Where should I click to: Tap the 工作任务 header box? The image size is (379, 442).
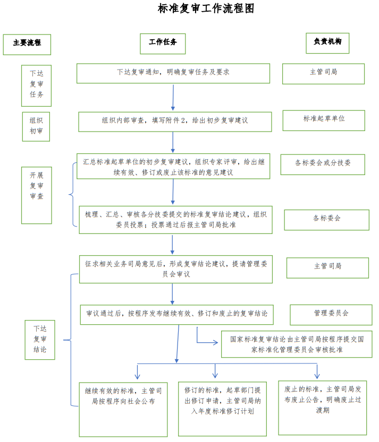[x=163, y=44]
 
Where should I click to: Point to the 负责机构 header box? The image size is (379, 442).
[x=327, y=43]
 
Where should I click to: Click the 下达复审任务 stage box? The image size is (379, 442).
[x=37, y=85]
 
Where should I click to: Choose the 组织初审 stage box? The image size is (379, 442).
[x=36, y=126]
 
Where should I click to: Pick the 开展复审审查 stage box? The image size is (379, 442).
[x=37, y=195]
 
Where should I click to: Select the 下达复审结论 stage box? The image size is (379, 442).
[x=40, y=340]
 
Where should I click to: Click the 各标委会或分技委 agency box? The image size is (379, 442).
[x=323, y=164]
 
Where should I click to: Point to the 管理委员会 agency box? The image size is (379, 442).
[x=331, y=315]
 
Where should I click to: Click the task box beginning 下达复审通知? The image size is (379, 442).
[x=173, y=73]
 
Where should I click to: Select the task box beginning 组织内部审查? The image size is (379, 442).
[x=175, y=122]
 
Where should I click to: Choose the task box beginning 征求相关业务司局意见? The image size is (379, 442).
[x=176, y=269]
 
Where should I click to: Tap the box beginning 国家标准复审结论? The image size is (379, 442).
[x=297, y=344]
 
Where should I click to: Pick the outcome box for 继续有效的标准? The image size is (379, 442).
[x=123, y=409]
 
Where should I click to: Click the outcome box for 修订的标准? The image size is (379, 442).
[x=222, y=408]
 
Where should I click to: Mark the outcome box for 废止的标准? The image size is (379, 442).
[x=322, y=407]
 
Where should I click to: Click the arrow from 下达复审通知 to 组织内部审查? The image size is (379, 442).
[x=173, y=97]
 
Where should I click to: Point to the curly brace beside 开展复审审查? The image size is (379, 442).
[x=72, y=195]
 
